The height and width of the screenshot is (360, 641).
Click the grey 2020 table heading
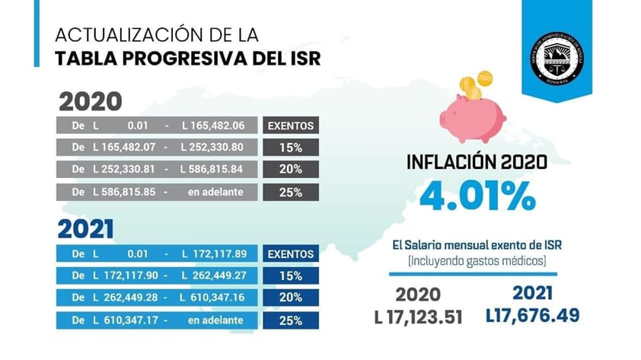91,102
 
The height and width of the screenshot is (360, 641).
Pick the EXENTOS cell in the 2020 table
290,126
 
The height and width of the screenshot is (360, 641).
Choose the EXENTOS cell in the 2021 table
290,253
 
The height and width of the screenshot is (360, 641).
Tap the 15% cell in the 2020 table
290,148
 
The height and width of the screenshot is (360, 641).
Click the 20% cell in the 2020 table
290,169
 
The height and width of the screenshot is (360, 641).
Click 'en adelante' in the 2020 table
215,191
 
